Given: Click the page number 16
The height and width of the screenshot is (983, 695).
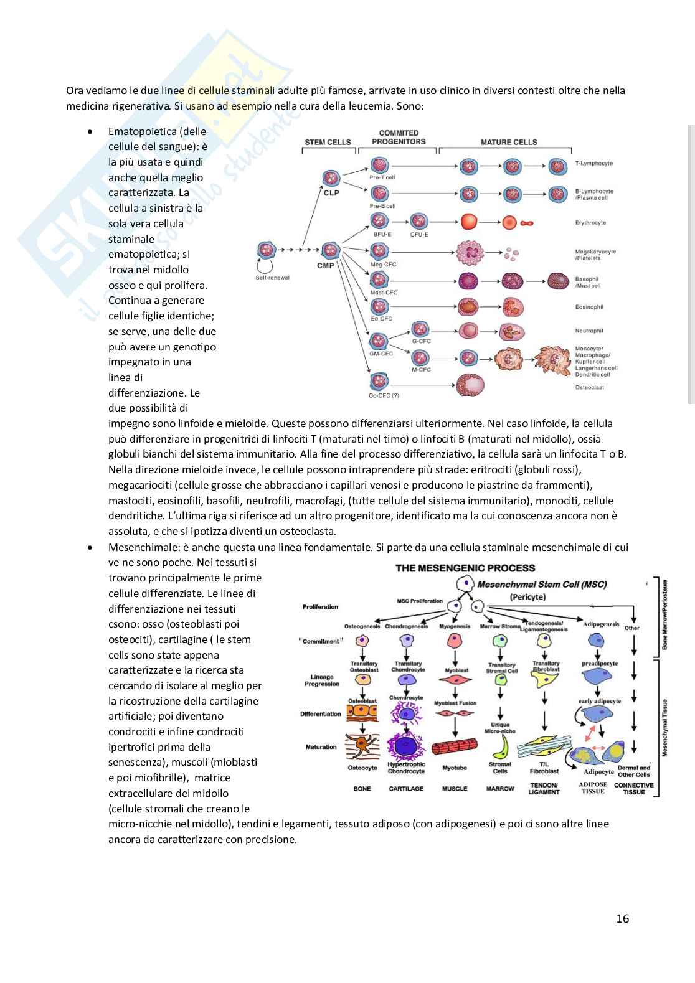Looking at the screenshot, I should (x=622, y=918).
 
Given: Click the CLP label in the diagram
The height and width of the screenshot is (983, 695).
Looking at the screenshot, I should (x=331, y=193).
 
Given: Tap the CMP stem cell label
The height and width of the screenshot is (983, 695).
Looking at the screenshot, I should (x=326, y=266).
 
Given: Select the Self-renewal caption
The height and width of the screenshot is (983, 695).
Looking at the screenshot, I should (x=273, y=278).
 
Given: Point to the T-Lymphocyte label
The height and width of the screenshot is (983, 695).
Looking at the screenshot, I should (x=593, y=163).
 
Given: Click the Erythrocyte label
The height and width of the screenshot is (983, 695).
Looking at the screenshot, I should (x=590, y=222).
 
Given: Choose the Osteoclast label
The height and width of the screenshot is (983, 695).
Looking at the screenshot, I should (x=589, y=387).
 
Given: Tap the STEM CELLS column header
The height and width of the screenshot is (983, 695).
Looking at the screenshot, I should (x=328, y=142).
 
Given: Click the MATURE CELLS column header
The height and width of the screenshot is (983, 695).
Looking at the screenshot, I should (x=509, y=142).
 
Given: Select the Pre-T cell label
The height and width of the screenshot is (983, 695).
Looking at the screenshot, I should (x=382, y=177).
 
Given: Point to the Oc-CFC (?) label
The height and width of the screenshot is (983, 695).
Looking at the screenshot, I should (x=384, y=396).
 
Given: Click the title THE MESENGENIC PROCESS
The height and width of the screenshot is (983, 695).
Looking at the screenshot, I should (x=465, y=568).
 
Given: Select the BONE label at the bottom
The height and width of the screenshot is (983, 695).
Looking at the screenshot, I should (x=362, y=789).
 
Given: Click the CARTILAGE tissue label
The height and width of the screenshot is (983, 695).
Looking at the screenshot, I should (x=406, y=789).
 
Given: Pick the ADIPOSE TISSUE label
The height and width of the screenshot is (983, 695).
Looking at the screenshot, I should (x=593, y=788).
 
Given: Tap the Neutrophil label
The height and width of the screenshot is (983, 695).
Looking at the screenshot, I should (x=589, y=331).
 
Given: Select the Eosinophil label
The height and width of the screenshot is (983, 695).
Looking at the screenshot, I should (x=589, y=307).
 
